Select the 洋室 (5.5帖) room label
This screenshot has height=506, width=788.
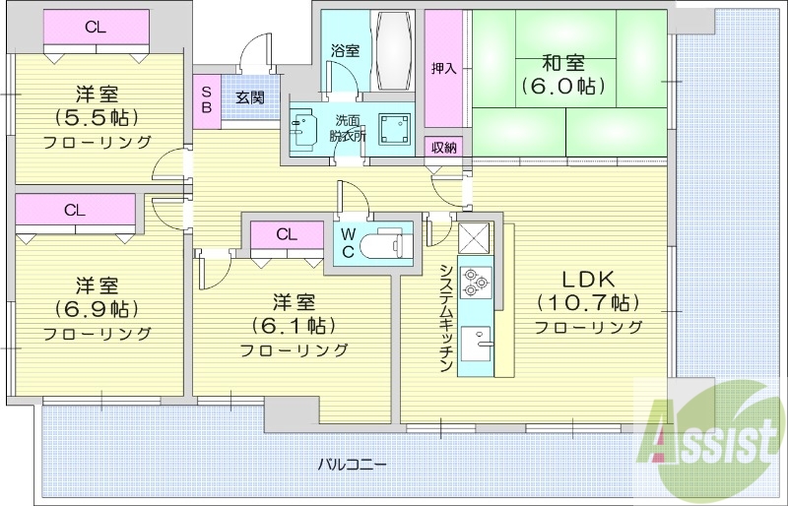point(98,117)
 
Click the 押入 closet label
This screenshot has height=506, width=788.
point(444,68)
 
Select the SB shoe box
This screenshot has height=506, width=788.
point(206,98)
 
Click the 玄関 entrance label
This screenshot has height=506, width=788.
point(249,97)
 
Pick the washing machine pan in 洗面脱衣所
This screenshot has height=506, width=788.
point(397,127)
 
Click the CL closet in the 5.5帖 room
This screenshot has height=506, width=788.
point(96,28)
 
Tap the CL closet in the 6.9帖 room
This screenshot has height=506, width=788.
point(75,210)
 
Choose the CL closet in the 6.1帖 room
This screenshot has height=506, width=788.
point(287,235)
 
